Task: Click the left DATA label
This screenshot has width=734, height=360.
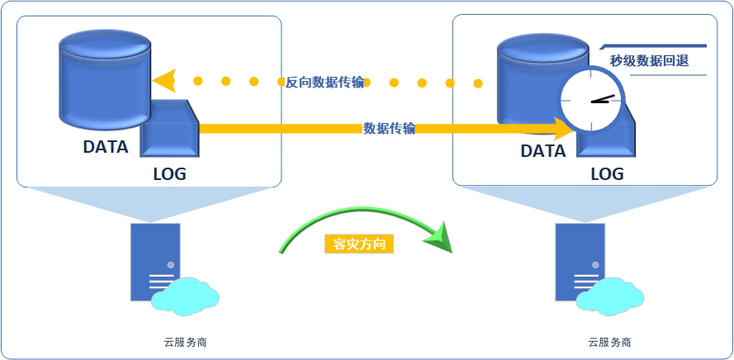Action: (106, 148)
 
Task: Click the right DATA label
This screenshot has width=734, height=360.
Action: (543, 152)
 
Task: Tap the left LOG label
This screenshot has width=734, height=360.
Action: (169, 174)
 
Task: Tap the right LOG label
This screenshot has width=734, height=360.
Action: (607, 175)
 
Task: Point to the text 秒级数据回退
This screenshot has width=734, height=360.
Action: (649, 60)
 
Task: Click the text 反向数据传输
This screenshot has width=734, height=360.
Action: (325, 82)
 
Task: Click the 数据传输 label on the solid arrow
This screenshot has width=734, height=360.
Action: (389, 128)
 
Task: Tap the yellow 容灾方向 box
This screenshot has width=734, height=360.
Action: (359, 244)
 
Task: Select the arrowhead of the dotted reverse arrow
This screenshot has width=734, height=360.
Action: (164, 81)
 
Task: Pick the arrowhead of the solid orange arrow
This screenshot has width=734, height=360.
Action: (563, 128)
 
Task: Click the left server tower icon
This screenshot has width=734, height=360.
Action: (154, 260)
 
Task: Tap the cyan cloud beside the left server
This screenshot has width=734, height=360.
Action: (186, 296)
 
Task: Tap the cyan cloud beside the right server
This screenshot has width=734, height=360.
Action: (612, 296)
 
